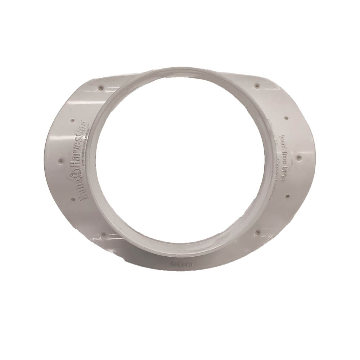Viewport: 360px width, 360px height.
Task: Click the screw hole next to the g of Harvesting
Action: (x=73, y=121)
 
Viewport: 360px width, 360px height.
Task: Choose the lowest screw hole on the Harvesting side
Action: (x=103, y=234)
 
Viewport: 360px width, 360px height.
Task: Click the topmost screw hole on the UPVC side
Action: (x=256, y=86)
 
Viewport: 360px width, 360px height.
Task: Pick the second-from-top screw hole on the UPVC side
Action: (x=285, y=117)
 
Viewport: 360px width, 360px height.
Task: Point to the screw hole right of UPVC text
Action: (x=299, y=157)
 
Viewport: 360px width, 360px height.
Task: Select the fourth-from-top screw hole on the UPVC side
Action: (x=287, y=196)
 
